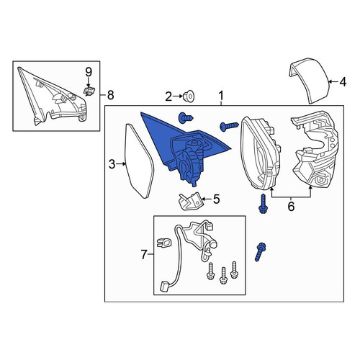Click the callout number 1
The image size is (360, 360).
pos(221,96)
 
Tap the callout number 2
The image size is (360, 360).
pos(168,96)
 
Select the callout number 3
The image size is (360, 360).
pos(112,165)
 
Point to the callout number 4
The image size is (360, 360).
pos(343,82)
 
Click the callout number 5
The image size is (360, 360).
pos(216,199)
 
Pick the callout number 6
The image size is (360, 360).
pos(291,207)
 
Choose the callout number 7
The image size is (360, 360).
pos(143,255)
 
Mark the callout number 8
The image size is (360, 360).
pos(110,95)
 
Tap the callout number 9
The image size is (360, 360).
pos(89,72)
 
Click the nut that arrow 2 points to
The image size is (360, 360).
pos(189,96)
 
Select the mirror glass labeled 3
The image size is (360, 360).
pos(139,161)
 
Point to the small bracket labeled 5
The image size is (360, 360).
pos(189,201)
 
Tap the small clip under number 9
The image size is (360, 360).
pos(89,91)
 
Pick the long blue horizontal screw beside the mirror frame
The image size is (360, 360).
pos(229,126)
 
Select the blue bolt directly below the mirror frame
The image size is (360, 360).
pos(263,204)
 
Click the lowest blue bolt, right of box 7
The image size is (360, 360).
pos(260,252)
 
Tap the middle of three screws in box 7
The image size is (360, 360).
pos(223,276)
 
